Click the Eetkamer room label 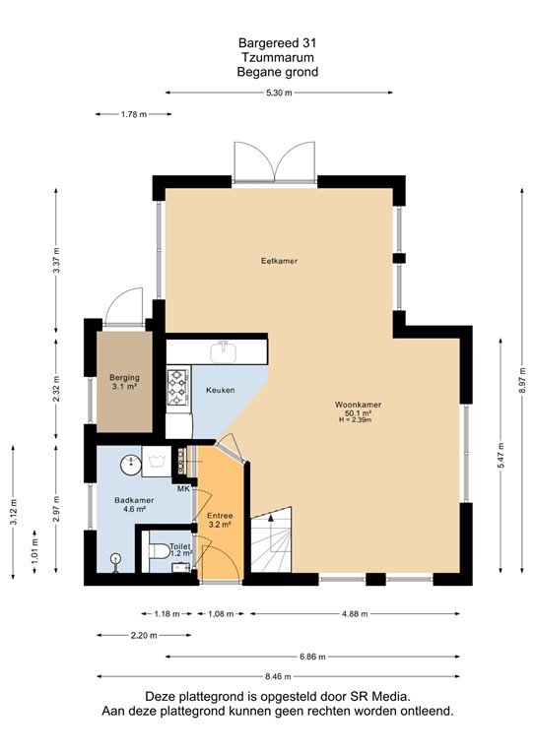[279, 261]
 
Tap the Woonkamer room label [358, 405]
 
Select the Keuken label [220, 391]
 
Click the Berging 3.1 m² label [123, 382]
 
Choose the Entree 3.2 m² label [219, 520]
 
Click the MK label [183, 489]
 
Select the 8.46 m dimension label [279, 676]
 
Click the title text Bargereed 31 [278, 43]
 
